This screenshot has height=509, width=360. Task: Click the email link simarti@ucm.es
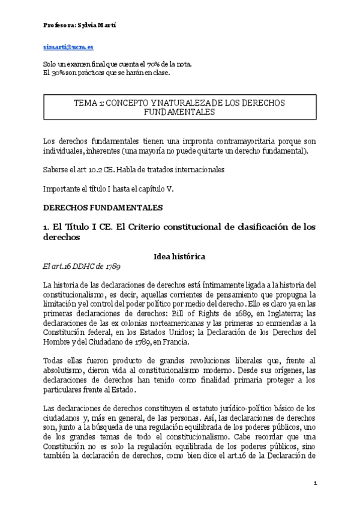coord(68,47)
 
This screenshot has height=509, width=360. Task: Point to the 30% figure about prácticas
coord(58,73)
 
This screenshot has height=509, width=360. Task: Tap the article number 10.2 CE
coord(104,170)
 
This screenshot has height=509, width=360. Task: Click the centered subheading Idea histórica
coord(179,257)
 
